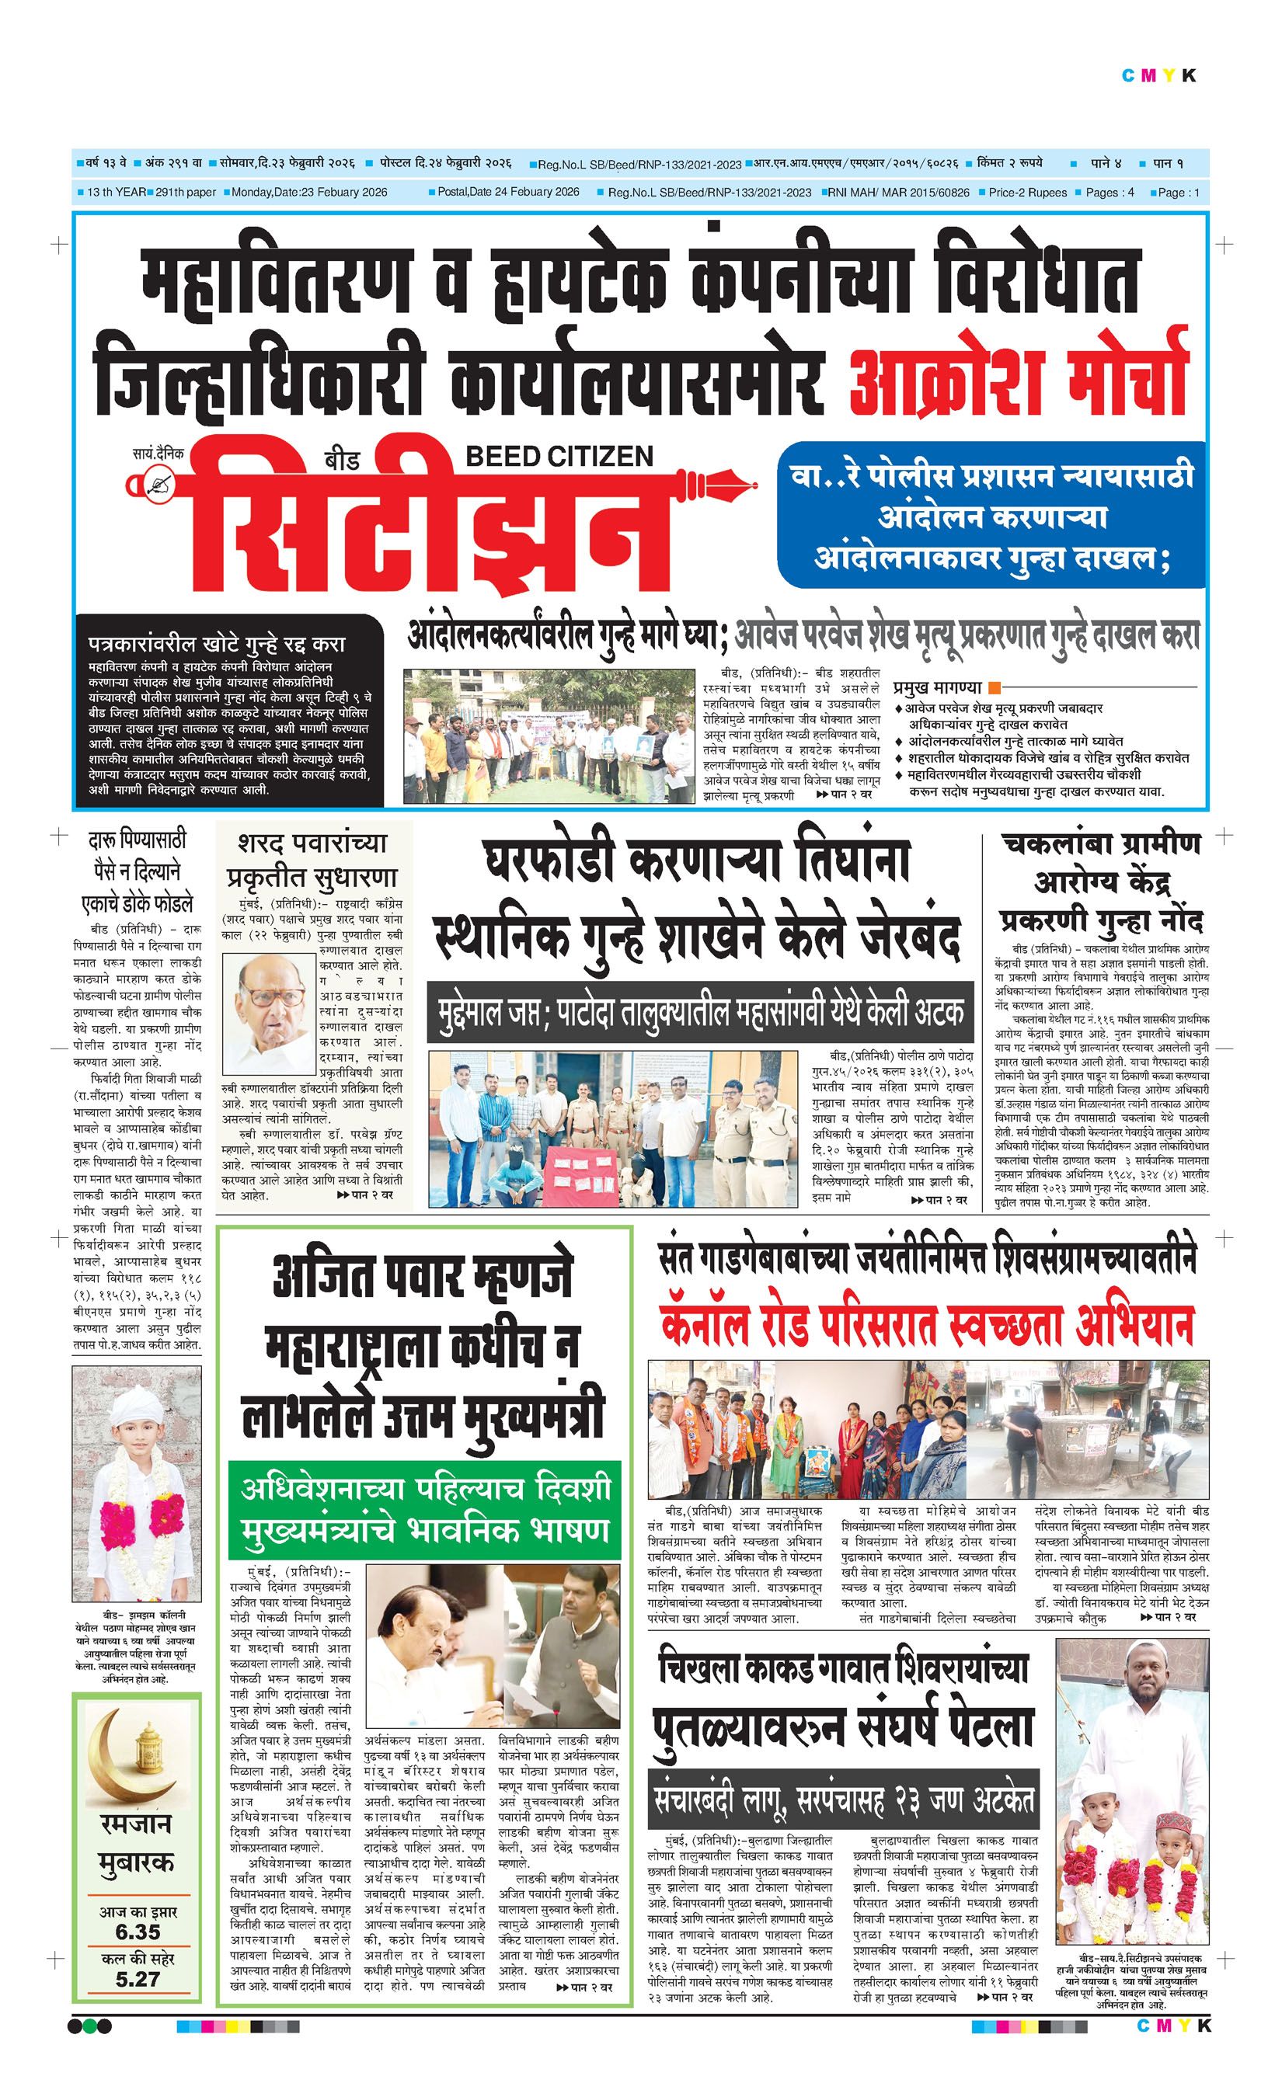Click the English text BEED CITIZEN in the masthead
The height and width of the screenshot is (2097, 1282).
559,456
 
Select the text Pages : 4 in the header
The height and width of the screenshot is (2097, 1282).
1110,193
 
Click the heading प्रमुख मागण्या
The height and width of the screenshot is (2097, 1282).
938,687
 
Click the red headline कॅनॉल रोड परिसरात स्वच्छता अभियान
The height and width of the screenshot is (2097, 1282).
926,1325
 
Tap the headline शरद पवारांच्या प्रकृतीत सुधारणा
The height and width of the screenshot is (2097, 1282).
312,861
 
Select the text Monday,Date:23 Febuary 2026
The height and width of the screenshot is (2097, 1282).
310,193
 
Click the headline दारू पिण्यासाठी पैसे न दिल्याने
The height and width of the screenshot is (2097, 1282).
137,871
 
